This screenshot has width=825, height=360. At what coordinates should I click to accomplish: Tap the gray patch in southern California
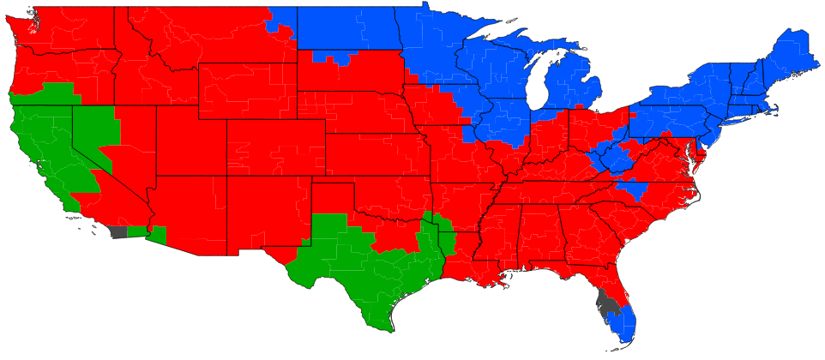point(118,231)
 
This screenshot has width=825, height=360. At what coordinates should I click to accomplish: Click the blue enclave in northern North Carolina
point(634,189)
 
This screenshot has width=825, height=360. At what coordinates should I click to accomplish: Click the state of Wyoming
point(249,91)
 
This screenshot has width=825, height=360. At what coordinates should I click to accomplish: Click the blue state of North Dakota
point(346,30)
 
